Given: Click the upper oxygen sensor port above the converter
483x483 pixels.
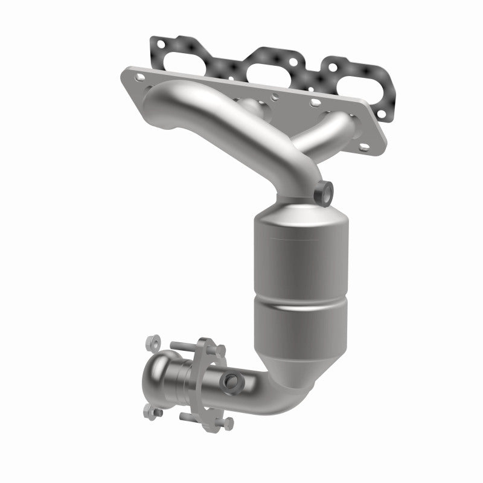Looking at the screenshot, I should coord(325,191).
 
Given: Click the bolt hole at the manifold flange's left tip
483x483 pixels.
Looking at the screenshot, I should coord(140,77).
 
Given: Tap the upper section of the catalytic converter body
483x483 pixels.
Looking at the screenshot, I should coord(299,260).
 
